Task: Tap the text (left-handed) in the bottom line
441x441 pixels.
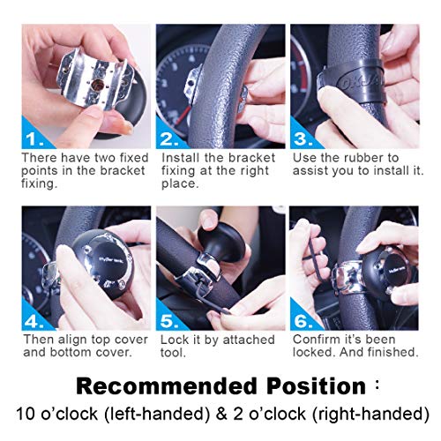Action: [140, 411]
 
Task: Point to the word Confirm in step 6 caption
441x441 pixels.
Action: [315, 338]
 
